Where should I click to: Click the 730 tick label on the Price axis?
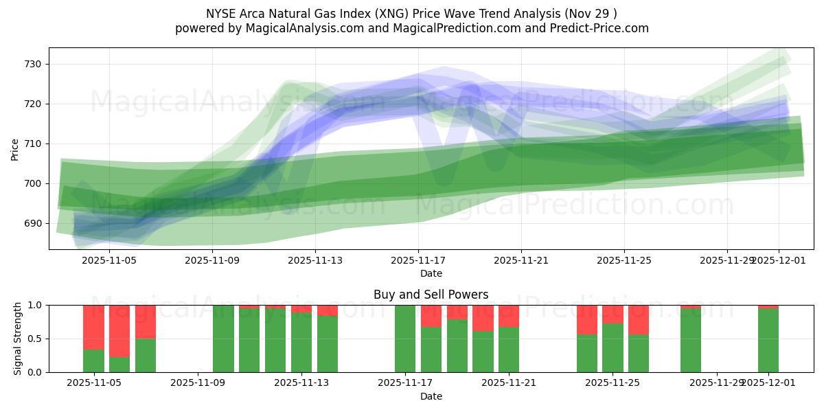click(33, 64)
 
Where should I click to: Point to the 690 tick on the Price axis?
click(33, 223)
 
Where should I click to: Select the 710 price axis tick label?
click(33, 144)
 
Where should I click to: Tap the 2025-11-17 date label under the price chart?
click(418, 261)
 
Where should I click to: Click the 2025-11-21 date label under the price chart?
click(521, 261)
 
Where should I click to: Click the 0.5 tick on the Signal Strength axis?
click(34, 339)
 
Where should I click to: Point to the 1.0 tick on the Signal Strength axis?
click(34, 305)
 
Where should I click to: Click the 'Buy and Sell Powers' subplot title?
click(431, 295)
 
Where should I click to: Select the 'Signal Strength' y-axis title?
click(18, 339)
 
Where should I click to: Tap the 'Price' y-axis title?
click(15, 148)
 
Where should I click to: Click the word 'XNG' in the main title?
click(406, 14)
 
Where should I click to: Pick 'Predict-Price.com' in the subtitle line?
click(602, 28)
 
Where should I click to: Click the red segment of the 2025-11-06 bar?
click(119, 331)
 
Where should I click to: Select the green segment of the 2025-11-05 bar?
click(93, 360)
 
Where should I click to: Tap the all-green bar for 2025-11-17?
click(405, 339)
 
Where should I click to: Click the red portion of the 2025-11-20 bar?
click(483, 318)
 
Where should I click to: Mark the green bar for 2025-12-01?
click(768, 340)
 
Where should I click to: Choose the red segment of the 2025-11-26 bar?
click(639, 319)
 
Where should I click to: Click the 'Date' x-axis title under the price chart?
click(431, 273)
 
